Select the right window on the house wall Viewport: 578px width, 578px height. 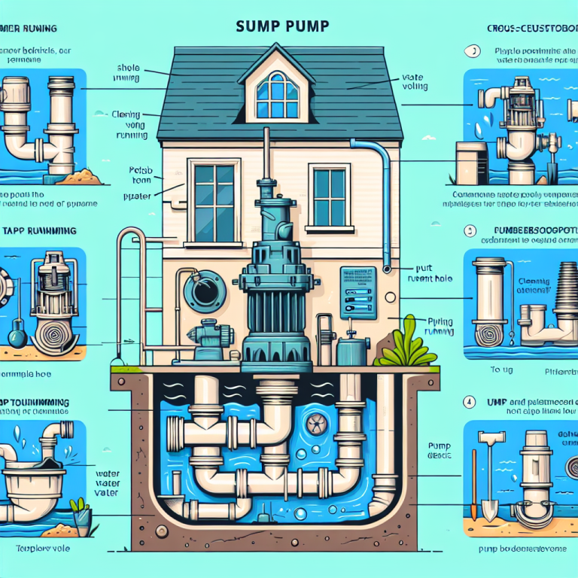tap(330, 196)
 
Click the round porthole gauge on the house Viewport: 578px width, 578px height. tap(204, 291)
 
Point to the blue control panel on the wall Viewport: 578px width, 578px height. tap(358, 289)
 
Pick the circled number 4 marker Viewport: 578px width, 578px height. tap(470, 402)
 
